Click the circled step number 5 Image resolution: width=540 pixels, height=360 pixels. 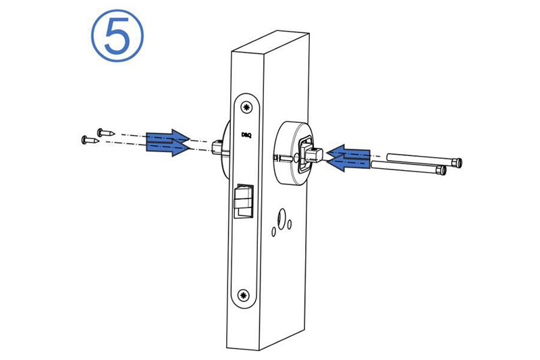117,36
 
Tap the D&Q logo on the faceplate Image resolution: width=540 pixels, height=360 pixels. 246,135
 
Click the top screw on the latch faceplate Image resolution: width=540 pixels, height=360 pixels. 246,107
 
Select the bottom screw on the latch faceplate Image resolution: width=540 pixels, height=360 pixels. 244,294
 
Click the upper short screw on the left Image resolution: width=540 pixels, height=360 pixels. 105,132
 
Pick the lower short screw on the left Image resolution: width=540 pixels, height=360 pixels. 90,140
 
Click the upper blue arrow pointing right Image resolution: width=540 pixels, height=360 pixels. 167,136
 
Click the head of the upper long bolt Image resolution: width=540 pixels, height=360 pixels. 458,161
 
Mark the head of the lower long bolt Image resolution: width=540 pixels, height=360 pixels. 441,170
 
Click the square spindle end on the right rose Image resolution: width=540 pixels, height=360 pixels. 314,155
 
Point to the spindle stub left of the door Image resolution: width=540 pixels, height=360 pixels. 217,147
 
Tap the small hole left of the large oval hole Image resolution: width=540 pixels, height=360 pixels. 274,232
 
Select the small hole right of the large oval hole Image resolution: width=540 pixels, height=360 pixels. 290,224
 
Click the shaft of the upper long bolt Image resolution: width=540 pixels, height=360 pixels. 420,159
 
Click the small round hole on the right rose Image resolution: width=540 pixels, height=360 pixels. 296,159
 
